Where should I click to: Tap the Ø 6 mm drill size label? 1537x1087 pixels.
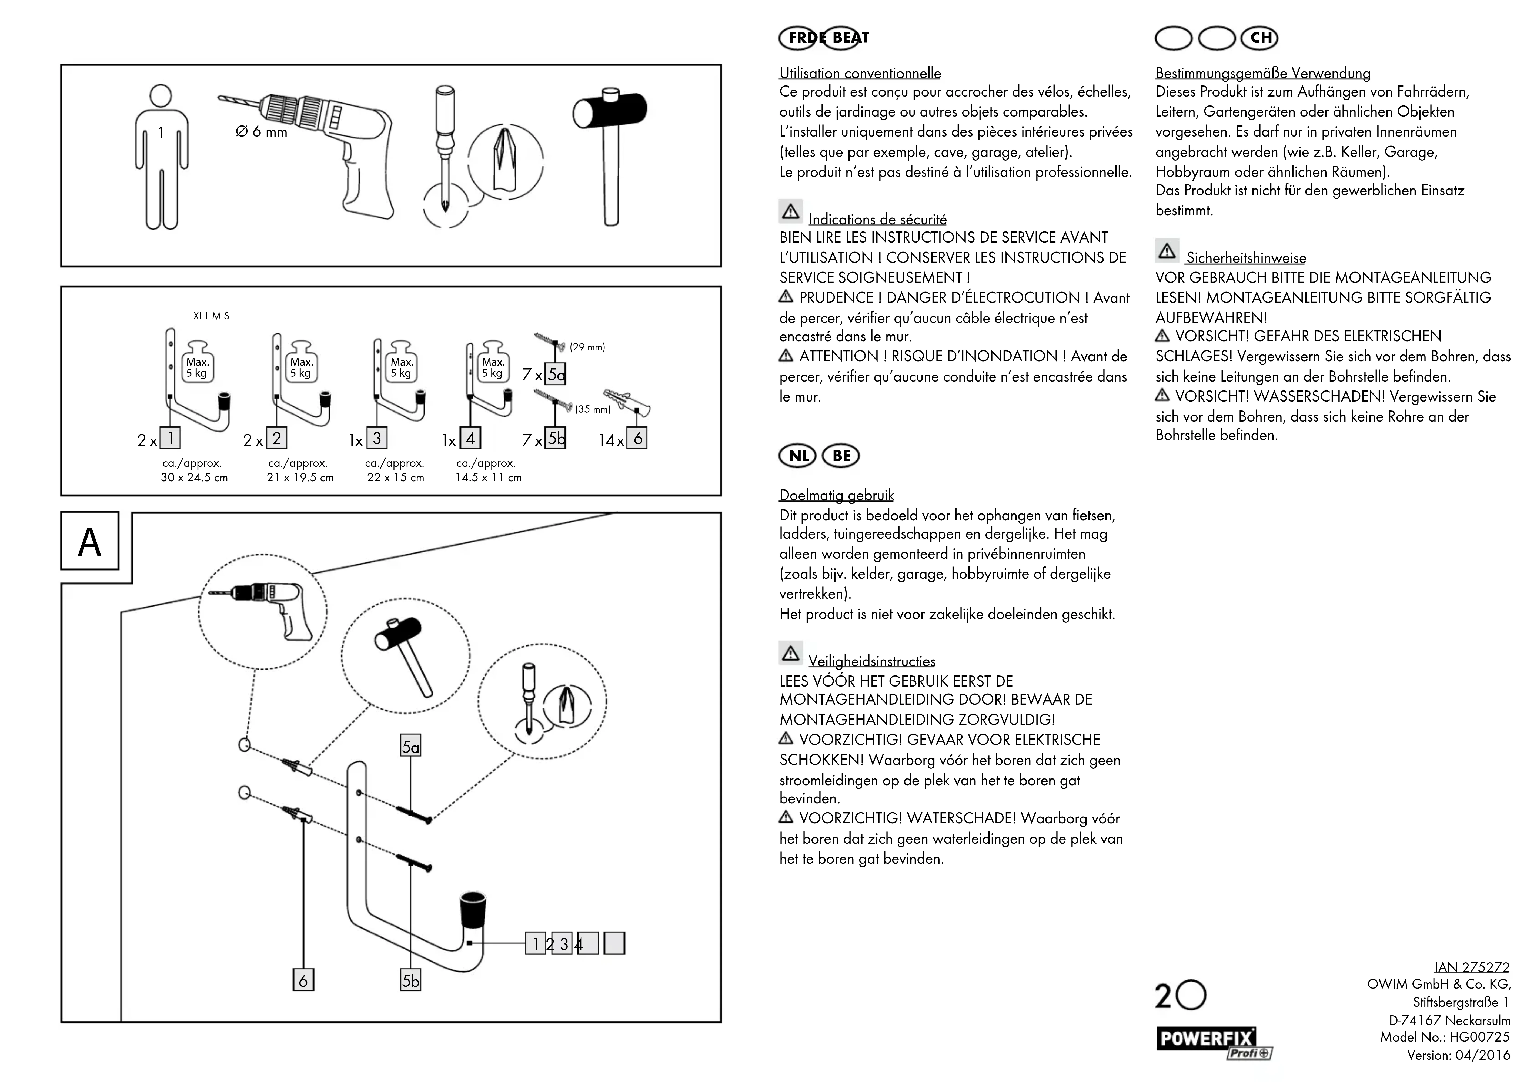(x=261, y=132)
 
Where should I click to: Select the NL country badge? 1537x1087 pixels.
(x=798, y=456)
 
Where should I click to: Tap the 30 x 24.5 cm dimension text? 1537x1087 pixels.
(x=194, y=478)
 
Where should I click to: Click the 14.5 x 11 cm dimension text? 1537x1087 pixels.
(x=488, y=478)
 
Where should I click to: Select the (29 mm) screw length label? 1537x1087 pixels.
(x=587, y=347)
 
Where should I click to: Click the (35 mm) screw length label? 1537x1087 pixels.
(x=592, y=409)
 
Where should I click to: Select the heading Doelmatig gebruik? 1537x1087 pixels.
(x=836, y=496)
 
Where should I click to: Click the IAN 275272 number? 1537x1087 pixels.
(x=1471, y=967)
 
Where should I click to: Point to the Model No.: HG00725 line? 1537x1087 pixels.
(x=1445, y=1037)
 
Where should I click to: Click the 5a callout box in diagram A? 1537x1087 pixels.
(x=410, y=746)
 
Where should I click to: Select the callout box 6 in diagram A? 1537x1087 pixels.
(x=303, y=980)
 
